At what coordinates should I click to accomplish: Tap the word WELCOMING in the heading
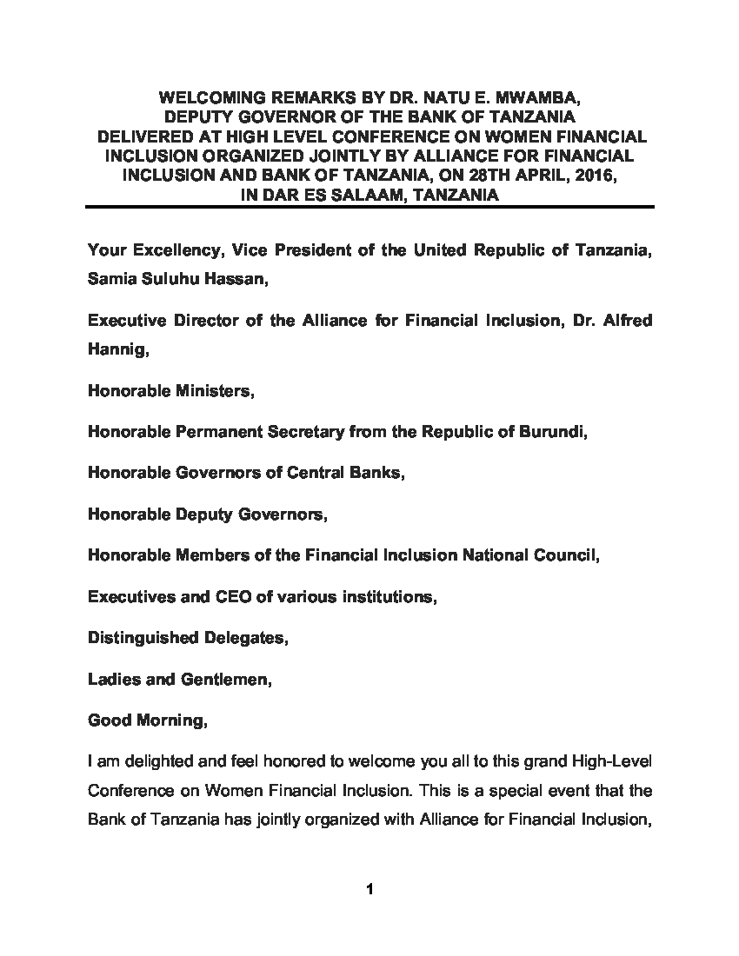(216, 97)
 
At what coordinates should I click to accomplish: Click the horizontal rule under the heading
(369, 207)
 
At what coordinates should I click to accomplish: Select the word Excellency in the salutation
(176, 251)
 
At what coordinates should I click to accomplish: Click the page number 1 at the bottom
(369, 889)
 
